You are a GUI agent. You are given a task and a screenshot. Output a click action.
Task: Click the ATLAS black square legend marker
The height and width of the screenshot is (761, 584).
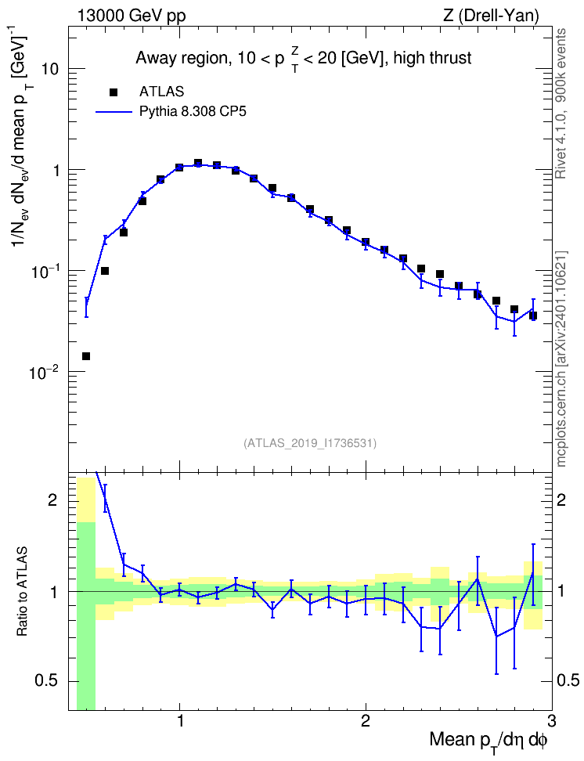pyautogui.click(x=113, y=92)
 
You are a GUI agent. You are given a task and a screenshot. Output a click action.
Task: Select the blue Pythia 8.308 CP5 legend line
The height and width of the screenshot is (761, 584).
pyautogui.click(x=114, y=112)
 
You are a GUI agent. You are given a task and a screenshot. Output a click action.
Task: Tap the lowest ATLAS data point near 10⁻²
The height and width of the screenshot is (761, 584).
pyautogui.click(x=86, y=356)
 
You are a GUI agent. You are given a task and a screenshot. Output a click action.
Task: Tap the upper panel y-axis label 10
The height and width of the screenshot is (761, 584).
pyautogui.click(x=49, y=69)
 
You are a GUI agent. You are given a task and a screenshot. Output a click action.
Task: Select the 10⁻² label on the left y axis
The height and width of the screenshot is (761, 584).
pyautogui.click(x=45, y=371)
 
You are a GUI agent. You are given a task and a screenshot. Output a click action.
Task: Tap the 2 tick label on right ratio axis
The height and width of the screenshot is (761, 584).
pyautogui.click(x=561, y=500)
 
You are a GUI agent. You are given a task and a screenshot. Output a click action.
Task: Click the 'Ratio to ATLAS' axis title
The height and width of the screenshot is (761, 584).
pyautogui.click(x=23, y=591)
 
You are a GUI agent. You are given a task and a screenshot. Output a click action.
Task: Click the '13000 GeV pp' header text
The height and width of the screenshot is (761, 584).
pyautogui.click(x=132, y=16)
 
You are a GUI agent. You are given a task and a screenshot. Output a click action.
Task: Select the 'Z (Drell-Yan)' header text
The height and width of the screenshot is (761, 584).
pyautogui.click(x=491, y=16)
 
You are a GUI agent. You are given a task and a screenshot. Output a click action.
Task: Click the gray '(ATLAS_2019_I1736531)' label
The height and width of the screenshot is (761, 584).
pyautogui.click(x=310, y=442)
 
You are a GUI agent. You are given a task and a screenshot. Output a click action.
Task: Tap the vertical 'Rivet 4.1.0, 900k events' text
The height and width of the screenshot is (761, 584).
pyautogui.click(x=561, y=104)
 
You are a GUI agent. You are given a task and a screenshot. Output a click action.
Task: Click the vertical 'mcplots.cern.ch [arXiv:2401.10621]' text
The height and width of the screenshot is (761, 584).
pyautogui.click(x=561, y=359)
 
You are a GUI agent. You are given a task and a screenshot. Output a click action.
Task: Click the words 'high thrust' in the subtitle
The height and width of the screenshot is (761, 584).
pyautogui.click(x=433, y=58)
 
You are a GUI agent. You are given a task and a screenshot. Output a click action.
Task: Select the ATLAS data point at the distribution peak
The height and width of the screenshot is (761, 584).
pyautogui.click(x=198, y=163)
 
